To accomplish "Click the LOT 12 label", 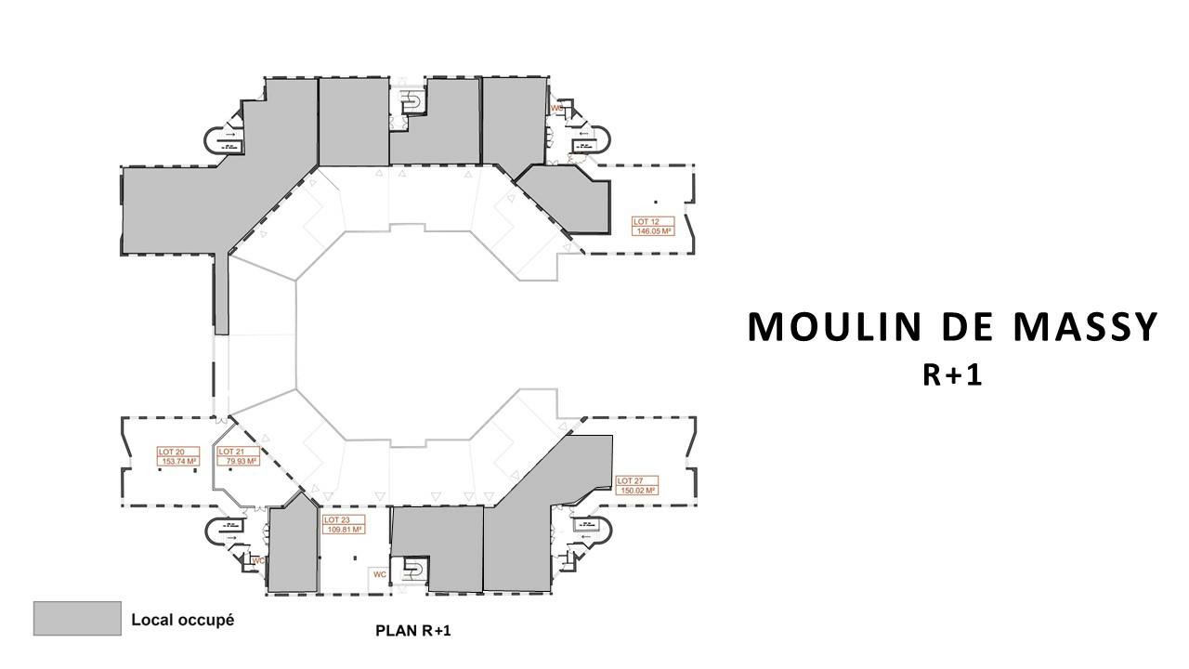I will tap(646, 221).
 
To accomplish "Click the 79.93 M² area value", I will tap(238, 461).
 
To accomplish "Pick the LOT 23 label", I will tap(335, 520).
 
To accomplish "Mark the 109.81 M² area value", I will tap(343, 530).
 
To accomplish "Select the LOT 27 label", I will tap(630, 481).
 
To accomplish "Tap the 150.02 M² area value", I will tap(637, 491).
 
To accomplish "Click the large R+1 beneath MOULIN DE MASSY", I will tap(953, 374).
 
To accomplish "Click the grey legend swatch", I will tap(77, 619).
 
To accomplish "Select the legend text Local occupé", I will tap(182, 619).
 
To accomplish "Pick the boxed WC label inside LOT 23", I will tap(379, 574).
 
